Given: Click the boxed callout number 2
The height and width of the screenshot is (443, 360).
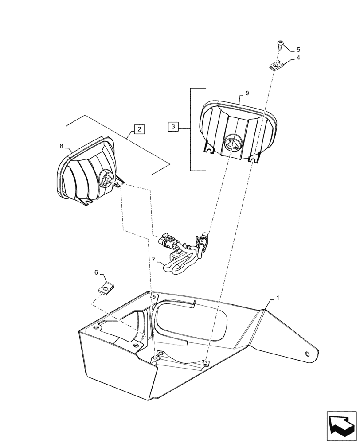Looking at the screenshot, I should click(x=139, y=129).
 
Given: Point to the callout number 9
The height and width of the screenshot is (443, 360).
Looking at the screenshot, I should click(x=247, y=93).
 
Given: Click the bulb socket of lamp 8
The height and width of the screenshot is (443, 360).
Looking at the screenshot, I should click(x=108, y=179).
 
